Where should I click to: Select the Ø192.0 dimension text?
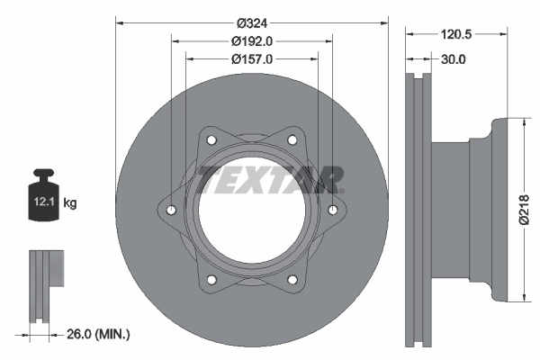pos(252,41)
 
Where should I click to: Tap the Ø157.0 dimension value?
pos(252,58)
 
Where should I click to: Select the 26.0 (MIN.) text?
pos(100,334)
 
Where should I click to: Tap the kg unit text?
pos(70,203)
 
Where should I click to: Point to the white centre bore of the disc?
pos(252,211)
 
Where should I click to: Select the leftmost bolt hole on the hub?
pos(172,211)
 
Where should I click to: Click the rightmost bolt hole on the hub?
pos(333,211)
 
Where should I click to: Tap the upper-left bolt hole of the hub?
pos(212,140)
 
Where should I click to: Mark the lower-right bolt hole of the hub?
pos(292,280)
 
